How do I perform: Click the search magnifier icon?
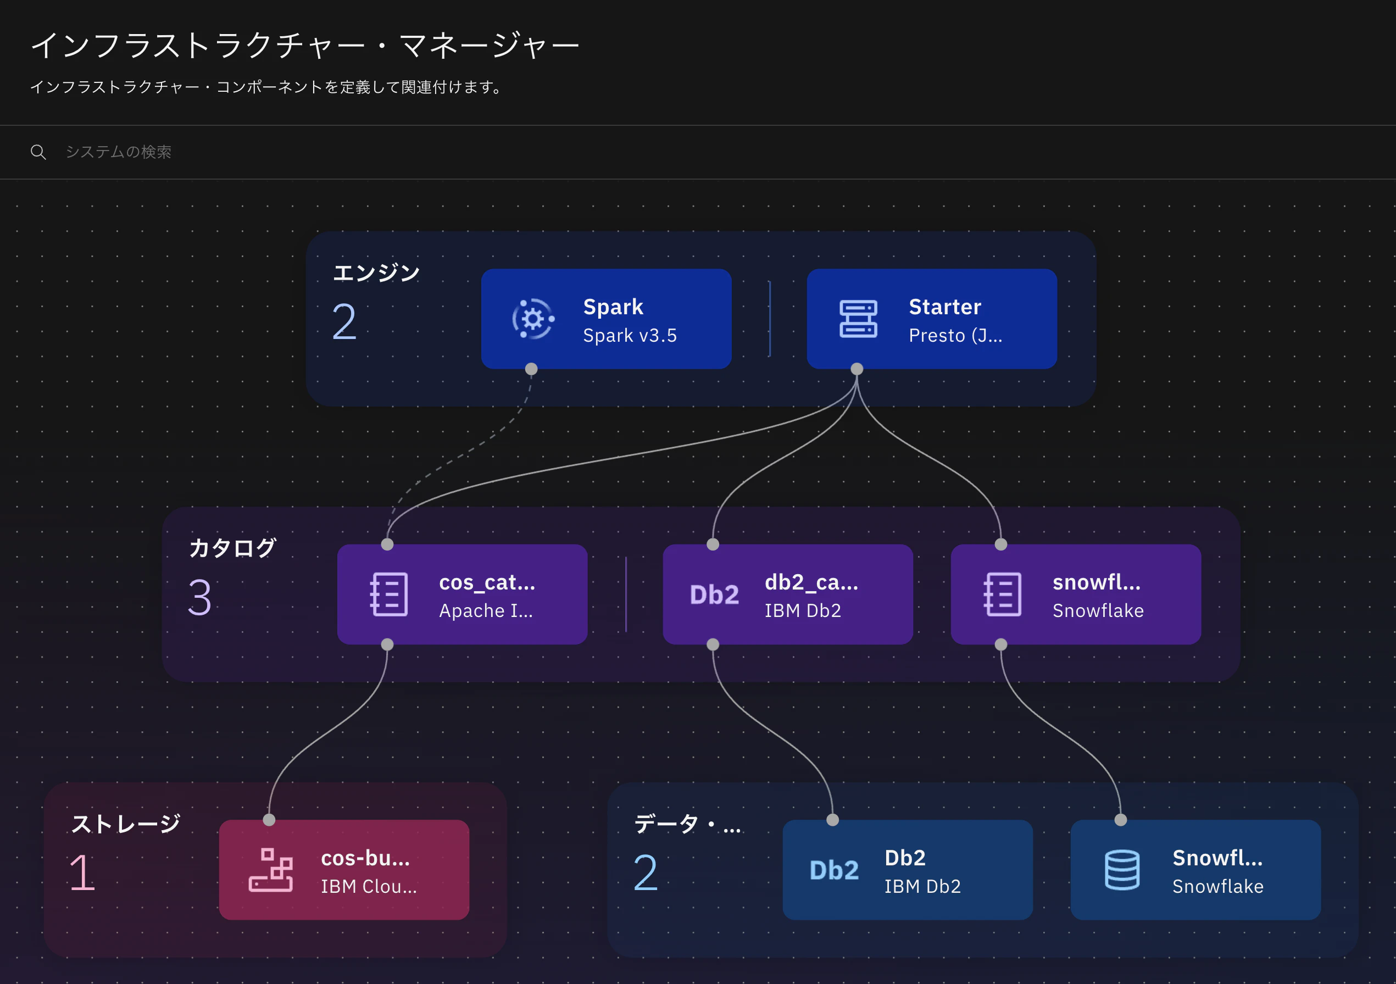[38, 152]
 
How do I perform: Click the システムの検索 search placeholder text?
[119, 152]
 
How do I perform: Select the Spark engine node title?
[613, 307]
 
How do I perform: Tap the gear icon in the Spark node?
[532, 319]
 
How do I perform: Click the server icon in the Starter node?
[858, 319]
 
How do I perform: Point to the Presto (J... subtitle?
[955, 336]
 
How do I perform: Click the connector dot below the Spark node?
[531, 369]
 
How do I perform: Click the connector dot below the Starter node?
[856, 369]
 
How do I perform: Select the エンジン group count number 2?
[344, 322]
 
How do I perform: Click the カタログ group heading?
[233, 548]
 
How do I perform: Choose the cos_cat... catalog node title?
[487, 582]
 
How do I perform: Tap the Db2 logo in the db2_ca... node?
[714, 595]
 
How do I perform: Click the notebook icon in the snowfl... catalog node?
[1002, 594]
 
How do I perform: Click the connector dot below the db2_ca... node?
[713, 644]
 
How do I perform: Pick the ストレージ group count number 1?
[83, 872]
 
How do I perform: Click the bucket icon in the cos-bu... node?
[270, 870]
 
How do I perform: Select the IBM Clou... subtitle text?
[369, 887]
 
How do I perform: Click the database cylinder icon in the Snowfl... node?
[1122, 870]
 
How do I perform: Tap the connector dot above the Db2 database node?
[832, 820]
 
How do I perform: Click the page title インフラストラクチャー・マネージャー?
[304, 46]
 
